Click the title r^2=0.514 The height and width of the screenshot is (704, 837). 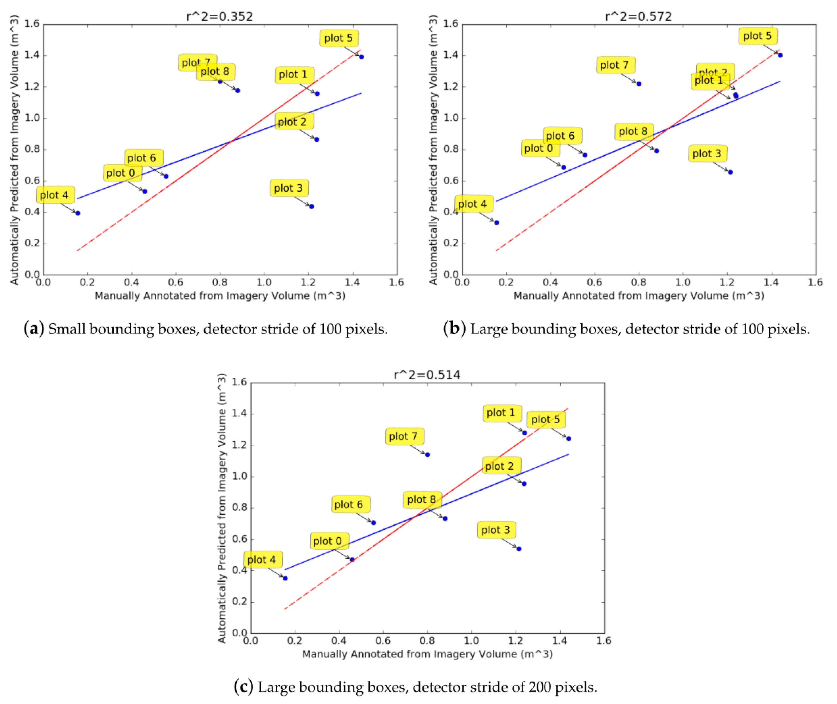(427, 375)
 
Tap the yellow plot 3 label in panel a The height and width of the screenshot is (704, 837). (289, 188)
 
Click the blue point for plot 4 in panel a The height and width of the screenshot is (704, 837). (78, 213)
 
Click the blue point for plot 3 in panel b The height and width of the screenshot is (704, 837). (730, 172)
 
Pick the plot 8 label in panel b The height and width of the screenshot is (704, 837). (633, 131)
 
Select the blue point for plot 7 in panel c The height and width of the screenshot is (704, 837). (427, 454)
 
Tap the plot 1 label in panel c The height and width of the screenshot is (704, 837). (502, 413)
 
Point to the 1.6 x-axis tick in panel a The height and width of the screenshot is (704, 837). (396, 283)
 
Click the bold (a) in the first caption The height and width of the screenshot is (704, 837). (34, 329)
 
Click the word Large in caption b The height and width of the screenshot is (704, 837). (489, 329)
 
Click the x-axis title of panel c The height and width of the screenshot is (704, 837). (427, 654)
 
